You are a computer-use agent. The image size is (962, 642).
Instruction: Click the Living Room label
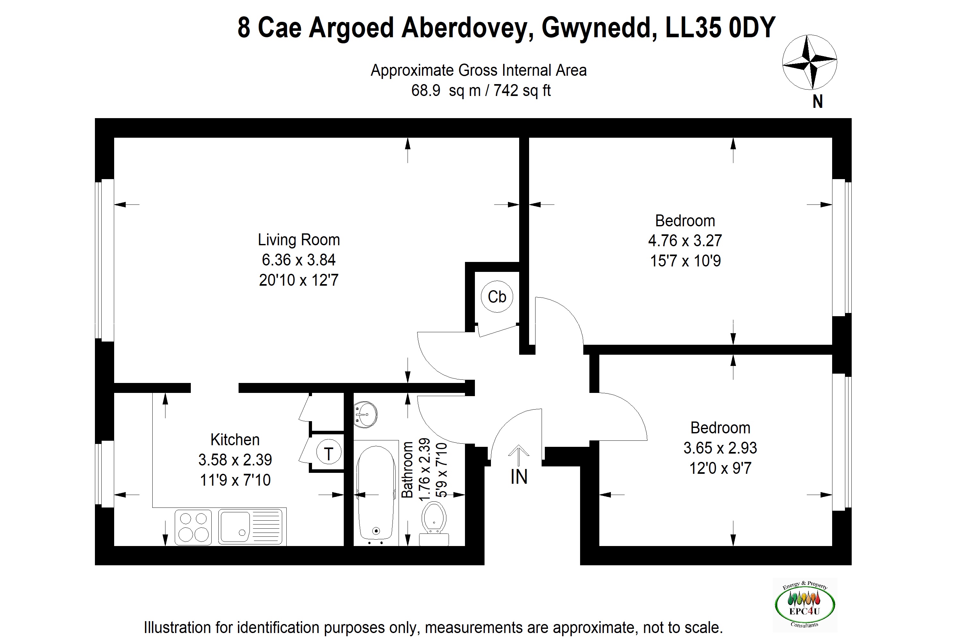point(299,240)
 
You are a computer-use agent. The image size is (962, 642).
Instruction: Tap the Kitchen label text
point(235,440)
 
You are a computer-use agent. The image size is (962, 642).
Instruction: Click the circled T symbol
point(328,454)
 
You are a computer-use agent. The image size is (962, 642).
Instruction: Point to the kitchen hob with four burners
point(193,527)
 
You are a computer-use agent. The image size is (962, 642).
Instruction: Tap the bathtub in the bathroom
point(376,493)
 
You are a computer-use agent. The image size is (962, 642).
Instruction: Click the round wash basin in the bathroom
point(365,414)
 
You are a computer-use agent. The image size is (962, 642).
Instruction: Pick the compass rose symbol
point(809,62)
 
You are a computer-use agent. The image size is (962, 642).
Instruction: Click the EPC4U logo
point(805,605)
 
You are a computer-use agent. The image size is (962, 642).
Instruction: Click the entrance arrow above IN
point(519,455)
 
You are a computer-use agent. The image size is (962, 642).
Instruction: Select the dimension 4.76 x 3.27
point(685,241)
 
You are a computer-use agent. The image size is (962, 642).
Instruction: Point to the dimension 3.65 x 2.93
point(720,448)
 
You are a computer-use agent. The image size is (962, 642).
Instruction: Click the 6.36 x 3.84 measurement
point(299,260)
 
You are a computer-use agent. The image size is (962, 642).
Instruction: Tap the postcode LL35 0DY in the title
point(720,28)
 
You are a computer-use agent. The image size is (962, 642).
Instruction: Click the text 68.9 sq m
point(446,91)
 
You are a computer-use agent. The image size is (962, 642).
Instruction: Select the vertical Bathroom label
point(407,470)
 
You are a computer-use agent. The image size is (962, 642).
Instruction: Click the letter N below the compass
point(817,101)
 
